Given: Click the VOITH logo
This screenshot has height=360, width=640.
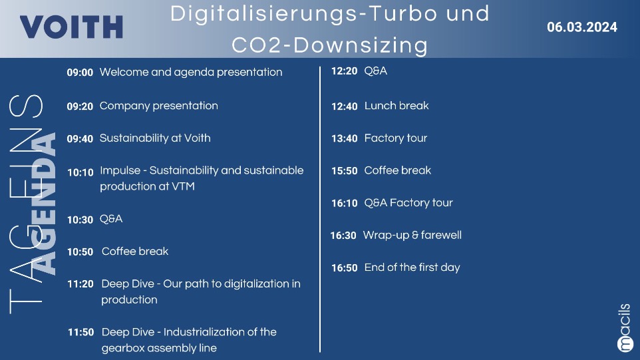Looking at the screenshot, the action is click(x=71, y=27).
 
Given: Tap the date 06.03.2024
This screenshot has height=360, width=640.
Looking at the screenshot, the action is click(x=582, y=27).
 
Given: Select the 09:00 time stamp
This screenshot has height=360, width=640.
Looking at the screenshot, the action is click(x=80, y=73).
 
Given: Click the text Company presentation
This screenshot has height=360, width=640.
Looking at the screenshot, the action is click(x=159, y=106).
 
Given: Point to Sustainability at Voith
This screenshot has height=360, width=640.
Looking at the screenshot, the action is click(x=155, y=138).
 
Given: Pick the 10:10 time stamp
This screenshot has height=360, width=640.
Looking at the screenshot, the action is click(x=80, y=172).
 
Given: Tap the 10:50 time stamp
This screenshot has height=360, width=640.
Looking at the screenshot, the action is click(x=80, y=252).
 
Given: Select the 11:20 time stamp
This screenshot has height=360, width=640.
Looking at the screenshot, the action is click(x=80, y=284).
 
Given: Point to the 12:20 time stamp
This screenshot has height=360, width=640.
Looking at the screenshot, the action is click(x=345, y=71).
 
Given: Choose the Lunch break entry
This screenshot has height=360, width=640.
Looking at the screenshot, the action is click(x=397, y=106).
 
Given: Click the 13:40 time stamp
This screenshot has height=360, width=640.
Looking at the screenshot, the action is click(x=345, y=139).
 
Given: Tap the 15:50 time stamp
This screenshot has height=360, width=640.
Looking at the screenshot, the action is click(x=345, y=171).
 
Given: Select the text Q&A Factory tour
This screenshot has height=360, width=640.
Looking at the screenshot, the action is click(x=408, y=203).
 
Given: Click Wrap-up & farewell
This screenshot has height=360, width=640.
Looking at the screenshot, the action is click(x=412, y=236).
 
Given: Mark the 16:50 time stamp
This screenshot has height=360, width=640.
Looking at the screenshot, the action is click(x=345, y=268).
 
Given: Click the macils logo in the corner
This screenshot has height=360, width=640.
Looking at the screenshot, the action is click(x=625, y=328).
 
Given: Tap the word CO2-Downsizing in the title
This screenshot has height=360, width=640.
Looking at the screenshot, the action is click(x=330, y=45).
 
